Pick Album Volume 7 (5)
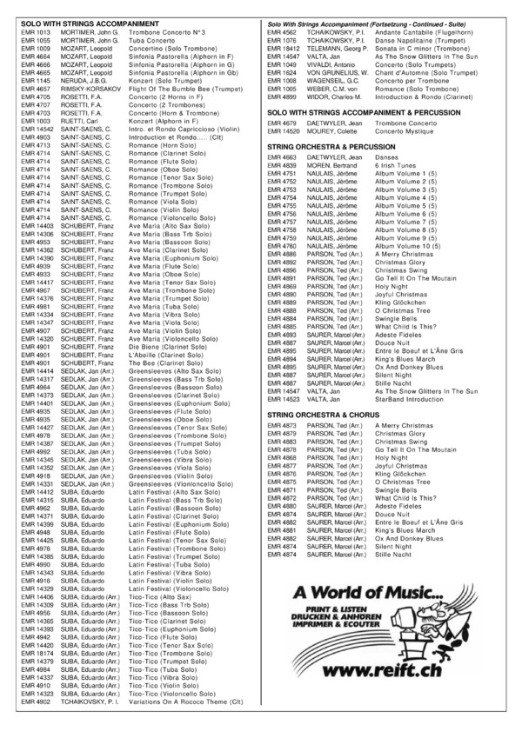click(400, 222)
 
